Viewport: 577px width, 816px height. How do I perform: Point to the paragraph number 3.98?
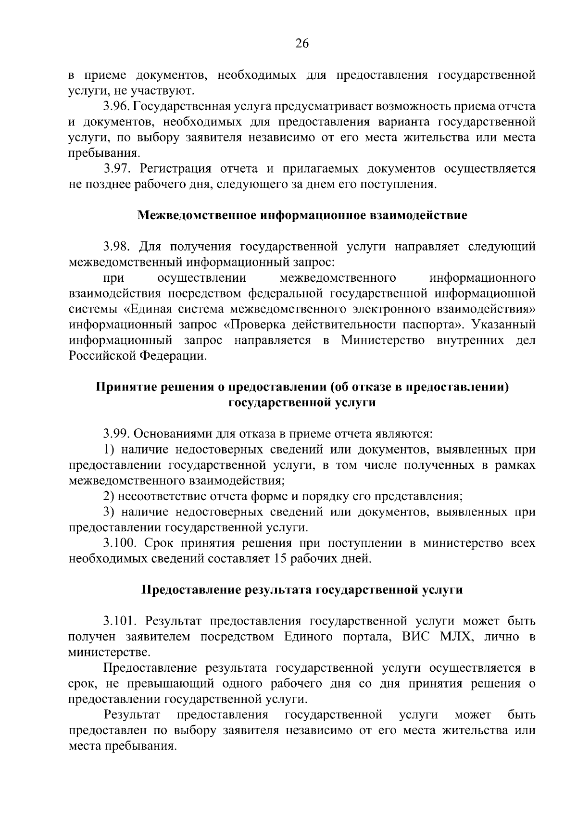tap(116, 247)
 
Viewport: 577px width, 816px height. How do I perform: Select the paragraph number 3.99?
tap(116, 435)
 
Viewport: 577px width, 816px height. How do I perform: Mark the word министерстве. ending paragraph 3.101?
tap(109, 653)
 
